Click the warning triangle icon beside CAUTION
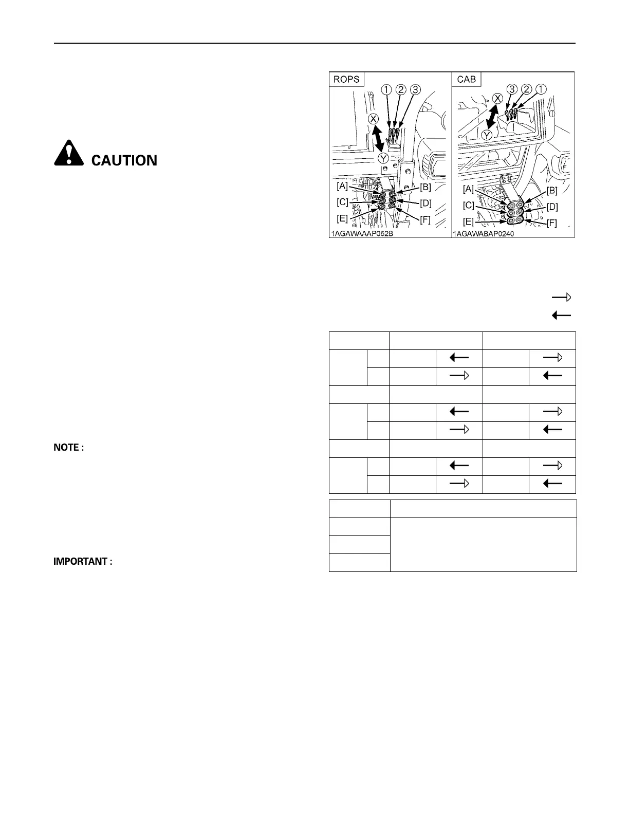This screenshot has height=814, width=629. [68, 153]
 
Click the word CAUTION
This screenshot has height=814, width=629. [124, 161]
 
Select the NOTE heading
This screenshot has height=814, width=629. [68, 448]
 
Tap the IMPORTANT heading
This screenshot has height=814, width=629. [83, 562]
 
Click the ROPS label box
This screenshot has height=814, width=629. [346, 79]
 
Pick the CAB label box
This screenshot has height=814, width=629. [466, 79]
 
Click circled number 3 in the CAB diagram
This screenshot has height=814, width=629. [512, 88]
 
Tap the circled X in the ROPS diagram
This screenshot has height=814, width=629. [374, 119]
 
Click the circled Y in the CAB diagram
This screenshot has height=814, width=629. [486, 136]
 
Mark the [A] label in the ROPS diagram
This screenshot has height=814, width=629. [342, 186]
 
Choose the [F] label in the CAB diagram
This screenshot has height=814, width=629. [551, 224]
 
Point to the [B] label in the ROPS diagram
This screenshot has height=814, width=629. [425, 187]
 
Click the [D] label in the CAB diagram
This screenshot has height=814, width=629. [552, 207]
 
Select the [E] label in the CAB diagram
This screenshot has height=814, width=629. [468, 222]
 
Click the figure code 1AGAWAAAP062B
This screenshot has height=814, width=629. [362, 233]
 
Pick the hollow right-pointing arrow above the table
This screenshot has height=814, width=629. [561, 297]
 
